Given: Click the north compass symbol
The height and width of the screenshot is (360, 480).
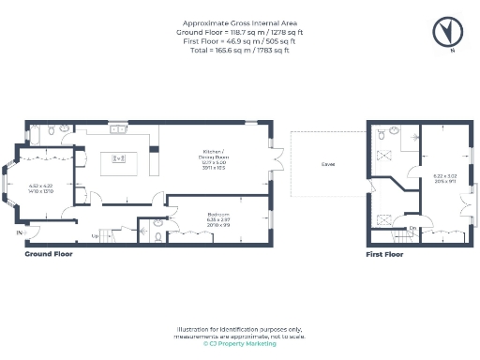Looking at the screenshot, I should coord(447,31).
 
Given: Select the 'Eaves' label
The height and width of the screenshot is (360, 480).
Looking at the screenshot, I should coord(328,164).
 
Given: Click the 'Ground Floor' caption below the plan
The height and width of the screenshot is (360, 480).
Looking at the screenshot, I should coord(48,254).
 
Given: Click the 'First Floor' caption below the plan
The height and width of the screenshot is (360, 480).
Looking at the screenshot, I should coord(384,254).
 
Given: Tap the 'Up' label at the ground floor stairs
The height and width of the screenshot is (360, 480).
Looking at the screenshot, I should coord(95,235).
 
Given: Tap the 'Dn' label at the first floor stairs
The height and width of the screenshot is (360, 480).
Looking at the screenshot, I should coord(413,228).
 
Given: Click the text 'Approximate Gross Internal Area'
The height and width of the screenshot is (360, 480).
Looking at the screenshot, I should coord(240,23).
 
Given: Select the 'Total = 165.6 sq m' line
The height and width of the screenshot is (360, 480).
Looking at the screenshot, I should coord(240,50).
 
